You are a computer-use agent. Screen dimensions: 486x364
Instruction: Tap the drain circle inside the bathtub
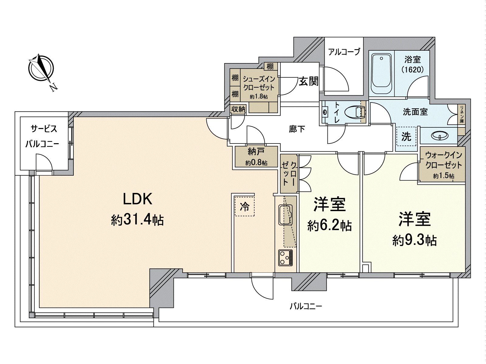click(x=381, y=59)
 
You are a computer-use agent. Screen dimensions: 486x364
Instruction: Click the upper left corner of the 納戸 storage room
click(x=235, y=146)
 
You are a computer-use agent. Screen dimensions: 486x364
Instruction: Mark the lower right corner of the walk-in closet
click(x=465, y=183)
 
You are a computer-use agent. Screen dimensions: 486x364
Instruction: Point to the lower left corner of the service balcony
click(x=20, y=170)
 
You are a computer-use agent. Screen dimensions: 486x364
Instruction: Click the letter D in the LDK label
click(x=138, y=199)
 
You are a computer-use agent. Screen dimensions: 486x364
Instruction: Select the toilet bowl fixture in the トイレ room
click(x=355, y=112)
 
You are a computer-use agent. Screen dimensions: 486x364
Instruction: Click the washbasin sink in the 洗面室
click(x=439, y=136)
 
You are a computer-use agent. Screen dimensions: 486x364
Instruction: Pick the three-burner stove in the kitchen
click(x=286, y=258)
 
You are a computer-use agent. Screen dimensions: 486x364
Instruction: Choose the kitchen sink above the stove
click(x=286, y=214)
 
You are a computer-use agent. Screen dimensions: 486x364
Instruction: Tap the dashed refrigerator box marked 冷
click(x=245, y=206)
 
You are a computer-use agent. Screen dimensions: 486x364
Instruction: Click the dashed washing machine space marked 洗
click(x=406, y=136)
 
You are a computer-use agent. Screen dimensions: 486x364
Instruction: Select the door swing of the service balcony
click(x=44, y=162)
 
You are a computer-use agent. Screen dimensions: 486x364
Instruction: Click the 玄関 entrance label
click(x=309, y=81)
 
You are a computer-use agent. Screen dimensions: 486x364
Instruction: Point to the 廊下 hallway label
click(x=297, y=129)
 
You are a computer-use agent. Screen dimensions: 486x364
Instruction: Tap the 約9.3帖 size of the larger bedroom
click(x=415, y=241)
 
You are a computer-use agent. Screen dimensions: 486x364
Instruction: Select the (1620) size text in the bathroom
click(x=412, y=70)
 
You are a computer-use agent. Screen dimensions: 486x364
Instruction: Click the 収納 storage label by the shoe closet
click(x=238, y=109)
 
